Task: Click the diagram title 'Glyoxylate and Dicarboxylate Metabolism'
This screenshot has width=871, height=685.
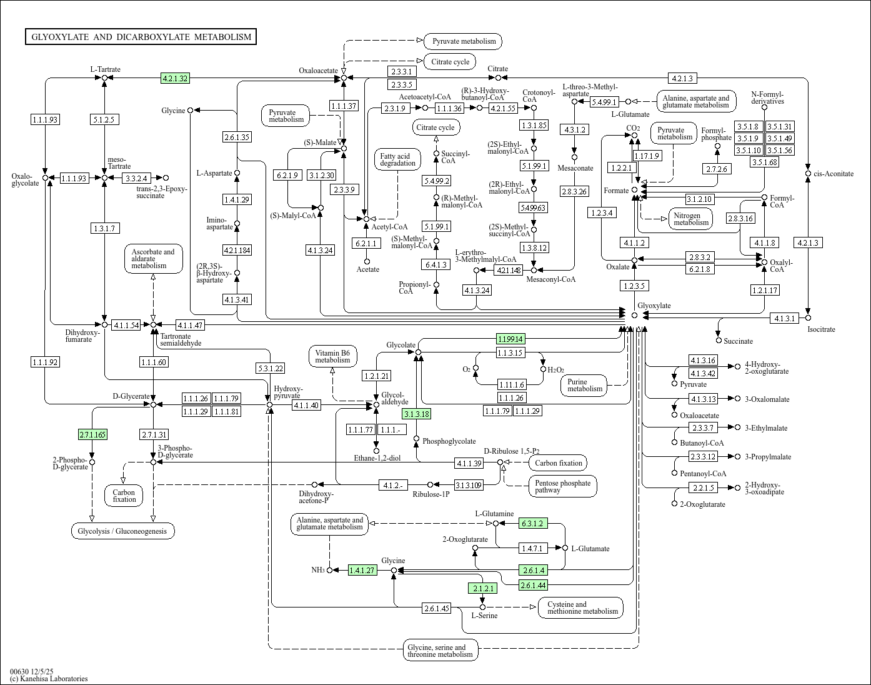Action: [141, 37]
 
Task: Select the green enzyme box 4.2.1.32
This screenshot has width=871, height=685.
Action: [175, 78]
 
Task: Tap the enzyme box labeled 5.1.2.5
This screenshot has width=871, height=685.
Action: [104, 119]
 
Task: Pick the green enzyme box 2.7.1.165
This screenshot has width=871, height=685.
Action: [92, 434]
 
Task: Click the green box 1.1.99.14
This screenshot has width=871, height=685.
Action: [510, 339]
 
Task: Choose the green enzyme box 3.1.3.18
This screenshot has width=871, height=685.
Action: [417, 414]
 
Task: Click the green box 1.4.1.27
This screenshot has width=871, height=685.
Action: [362, 570]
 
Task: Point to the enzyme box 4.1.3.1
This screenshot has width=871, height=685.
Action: [785, 318]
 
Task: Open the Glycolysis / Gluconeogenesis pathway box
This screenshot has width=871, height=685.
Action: [122, 531]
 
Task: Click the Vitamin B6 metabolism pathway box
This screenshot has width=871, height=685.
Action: [332, 356]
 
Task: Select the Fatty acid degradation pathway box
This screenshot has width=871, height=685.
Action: [397, 160]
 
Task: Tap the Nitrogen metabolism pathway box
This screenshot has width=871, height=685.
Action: [691, 219]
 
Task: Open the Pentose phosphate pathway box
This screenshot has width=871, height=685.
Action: [562, 486]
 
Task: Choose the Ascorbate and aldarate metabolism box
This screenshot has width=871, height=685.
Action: [153, 259]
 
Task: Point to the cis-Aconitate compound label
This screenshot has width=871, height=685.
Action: [834, 174]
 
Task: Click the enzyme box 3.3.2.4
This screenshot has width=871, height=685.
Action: [136, 178]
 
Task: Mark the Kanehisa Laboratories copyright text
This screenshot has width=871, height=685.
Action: [49, 679]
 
